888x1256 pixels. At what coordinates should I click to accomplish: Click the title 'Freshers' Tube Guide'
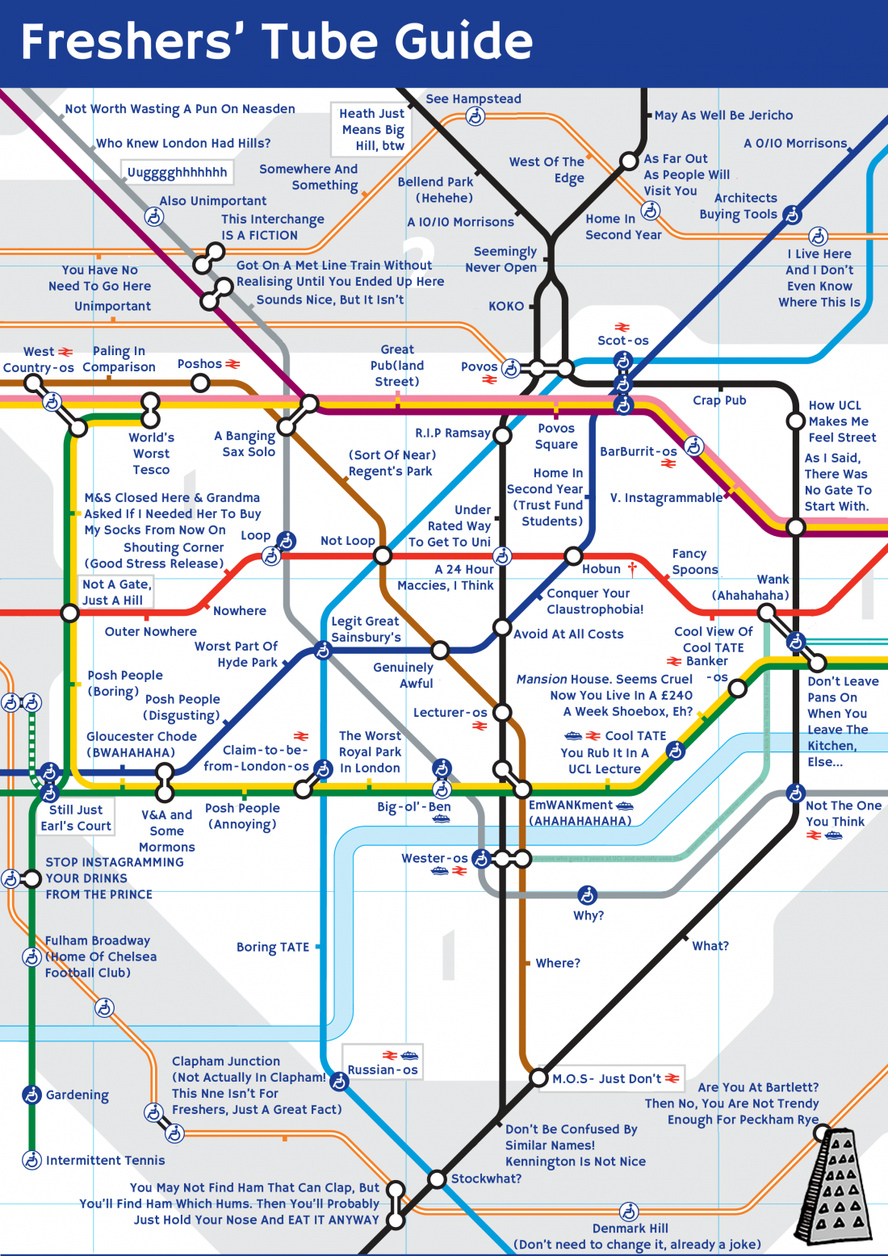click(x=276, y=42)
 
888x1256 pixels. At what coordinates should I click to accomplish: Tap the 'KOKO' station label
click(x=506, y=307)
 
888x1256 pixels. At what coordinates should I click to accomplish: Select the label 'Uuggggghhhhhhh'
click(x=177, y=173)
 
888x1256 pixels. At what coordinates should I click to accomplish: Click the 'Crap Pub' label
click(x=719, y=400)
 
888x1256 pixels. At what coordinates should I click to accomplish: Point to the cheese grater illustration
click(x=836, y=1186)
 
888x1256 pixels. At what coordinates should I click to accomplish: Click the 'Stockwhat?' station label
click(x=486, y=1179)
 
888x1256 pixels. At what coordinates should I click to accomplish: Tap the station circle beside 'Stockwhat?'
click(x=437, y=1179)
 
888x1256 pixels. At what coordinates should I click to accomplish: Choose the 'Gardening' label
click(x=77, y=1095)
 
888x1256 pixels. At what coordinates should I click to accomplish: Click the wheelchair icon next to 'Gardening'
click(x=31, y=1095)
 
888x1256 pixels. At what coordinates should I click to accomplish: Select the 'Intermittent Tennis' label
click(x=105, y=1161)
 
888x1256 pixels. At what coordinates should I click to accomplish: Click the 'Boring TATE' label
click(x=273, y=947)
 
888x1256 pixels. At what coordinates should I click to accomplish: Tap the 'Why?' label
click(x=589, y=916)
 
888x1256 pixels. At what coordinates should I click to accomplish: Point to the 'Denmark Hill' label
click(x=630, y=1229)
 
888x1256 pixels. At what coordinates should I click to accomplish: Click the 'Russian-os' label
click(x=383, y=1070)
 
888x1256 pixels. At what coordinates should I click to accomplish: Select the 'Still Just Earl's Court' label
click(x=76, y=818)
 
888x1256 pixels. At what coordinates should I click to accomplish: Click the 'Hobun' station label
click(x=601, y=569)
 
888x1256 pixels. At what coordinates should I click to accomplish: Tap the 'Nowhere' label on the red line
click(x=240, y=611)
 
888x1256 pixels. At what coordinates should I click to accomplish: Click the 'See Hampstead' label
click(x=473, y=99)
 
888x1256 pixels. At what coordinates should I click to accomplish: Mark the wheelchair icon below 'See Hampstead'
click(x=475, y=118)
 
